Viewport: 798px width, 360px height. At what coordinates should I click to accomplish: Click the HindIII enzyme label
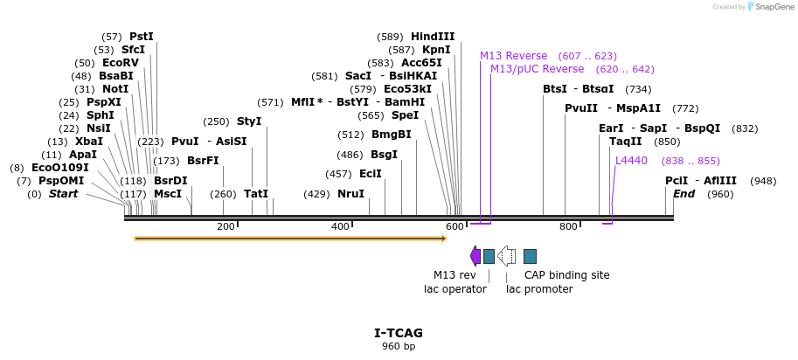coord(433,37)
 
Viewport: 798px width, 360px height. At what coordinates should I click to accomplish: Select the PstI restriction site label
coord(141,37)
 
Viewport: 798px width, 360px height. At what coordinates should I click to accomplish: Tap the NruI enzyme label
coord(350,194)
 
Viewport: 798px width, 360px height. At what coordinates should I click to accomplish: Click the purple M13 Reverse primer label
coord(513,56)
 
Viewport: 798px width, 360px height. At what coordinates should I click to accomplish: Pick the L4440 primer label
coord(631,161)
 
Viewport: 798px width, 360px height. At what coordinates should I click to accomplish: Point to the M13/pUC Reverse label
coord(537,69)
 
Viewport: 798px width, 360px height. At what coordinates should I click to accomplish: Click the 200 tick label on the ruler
coord(226,227)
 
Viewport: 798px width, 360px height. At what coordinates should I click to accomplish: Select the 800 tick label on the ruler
coord(568,227)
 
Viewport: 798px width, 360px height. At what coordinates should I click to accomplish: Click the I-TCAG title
coord(399,333)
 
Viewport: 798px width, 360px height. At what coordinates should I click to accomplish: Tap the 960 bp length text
coord(399,347)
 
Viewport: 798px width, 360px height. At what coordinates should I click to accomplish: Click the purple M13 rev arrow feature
coord(475,256)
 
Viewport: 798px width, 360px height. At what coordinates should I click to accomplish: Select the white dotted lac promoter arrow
coord(506,256)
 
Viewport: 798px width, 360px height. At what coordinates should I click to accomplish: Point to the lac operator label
coord(455,289)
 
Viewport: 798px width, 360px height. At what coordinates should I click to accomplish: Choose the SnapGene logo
coord(754,7)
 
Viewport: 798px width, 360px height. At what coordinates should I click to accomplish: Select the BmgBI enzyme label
coord(391,135)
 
